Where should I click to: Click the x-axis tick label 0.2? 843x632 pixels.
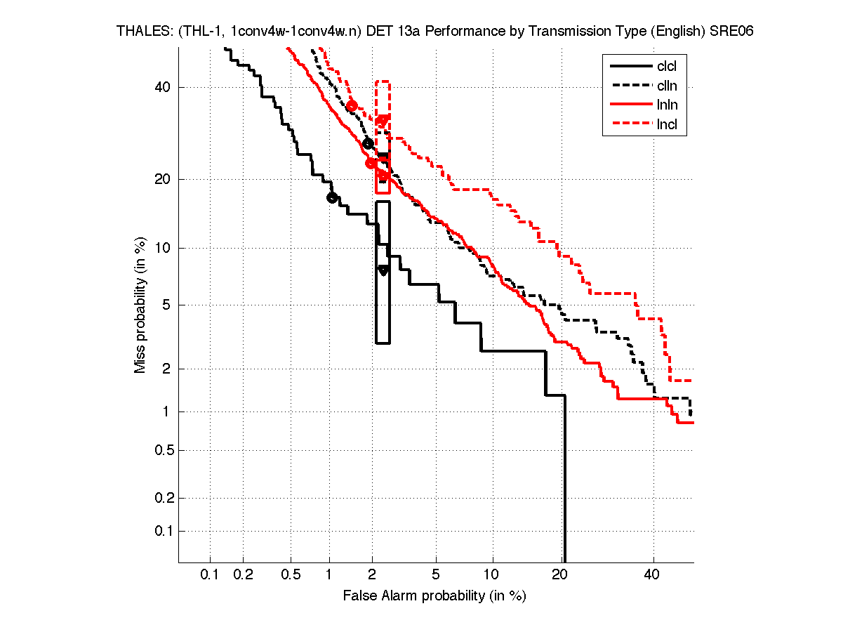coord(243,575)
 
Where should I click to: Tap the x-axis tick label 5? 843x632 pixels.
coord(436,575)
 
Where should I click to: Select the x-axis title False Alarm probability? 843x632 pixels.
coord(434,596)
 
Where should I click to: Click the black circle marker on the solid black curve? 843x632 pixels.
coord(332,197)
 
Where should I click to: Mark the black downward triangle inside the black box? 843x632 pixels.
coord(383,270)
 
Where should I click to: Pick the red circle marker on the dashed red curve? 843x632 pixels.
coord(352,105)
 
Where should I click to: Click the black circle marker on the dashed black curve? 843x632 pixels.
coord(368,143)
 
